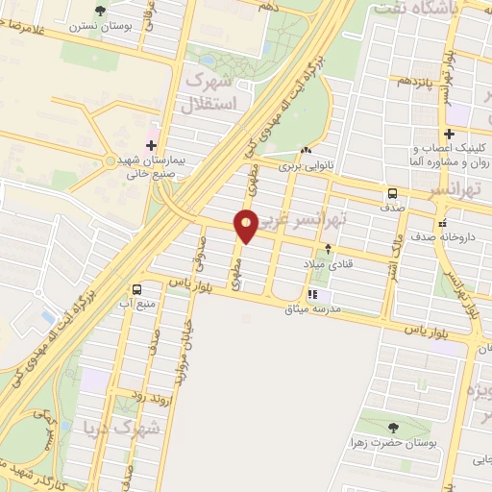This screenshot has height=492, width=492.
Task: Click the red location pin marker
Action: click(247, 225)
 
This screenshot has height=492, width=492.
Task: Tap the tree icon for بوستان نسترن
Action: click(101, 11)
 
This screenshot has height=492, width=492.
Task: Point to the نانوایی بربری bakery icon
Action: click(307, 151)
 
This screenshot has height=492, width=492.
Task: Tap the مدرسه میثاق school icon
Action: click(311, 294)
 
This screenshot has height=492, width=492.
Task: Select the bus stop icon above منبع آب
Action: click(137, 289)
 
